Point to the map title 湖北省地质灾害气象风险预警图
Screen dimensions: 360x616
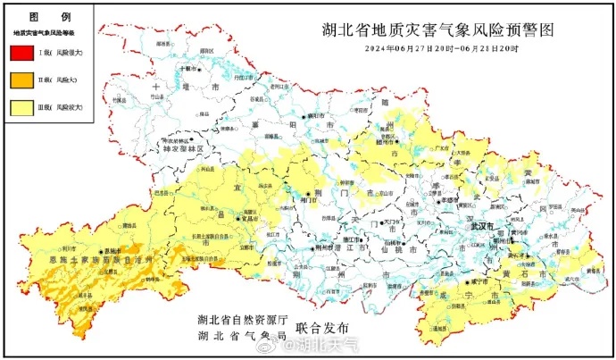[x=438, y=29]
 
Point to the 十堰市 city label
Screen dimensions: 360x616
[x=189, y=67]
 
